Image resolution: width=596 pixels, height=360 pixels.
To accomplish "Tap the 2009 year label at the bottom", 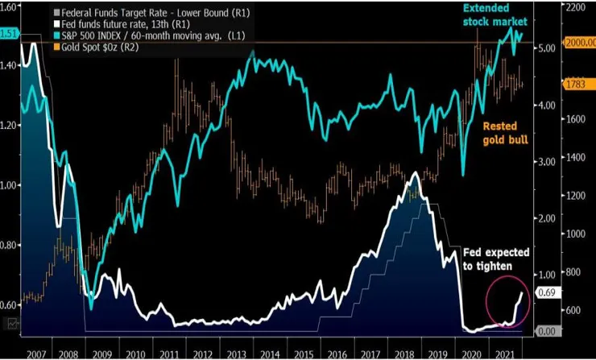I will [x=101, y=353].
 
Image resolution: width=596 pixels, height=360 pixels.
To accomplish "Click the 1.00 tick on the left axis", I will [x=11, y=185].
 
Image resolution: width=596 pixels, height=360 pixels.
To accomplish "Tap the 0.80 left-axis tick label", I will [x=11, y=245].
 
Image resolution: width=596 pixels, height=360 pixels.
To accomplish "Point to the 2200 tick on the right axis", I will [x=576, y=6].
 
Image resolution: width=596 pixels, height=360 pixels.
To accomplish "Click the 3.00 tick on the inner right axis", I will [x=547, y=162].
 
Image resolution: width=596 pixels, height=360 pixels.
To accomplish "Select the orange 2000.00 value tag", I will [x=579, y=42].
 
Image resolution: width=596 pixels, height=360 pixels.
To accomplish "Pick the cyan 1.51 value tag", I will [x=10, y=34].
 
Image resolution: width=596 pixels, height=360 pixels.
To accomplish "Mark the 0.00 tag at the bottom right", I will [x=546, y=331].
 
